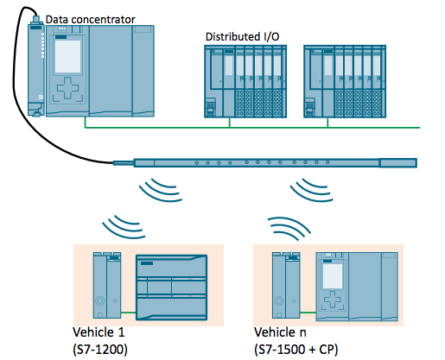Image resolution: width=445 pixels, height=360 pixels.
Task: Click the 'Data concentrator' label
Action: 90,20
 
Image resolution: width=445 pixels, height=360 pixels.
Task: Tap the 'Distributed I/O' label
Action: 242,37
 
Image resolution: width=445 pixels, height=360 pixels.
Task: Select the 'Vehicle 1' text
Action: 99,332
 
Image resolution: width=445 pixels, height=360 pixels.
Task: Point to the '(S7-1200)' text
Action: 100,350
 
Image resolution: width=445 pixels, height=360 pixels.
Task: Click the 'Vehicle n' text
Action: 280,332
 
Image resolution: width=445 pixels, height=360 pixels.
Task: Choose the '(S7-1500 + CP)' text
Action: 296,350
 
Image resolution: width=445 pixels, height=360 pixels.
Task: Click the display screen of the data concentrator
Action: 67,56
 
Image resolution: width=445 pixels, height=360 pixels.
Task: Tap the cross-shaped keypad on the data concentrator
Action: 67,88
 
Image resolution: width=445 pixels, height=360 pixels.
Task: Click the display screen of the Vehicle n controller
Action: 333,276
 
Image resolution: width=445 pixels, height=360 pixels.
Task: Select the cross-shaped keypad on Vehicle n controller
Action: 333,300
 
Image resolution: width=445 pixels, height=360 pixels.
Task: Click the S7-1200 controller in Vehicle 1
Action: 171,287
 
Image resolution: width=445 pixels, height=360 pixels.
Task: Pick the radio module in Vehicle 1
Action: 107,285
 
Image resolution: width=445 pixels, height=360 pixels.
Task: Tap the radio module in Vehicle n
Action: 286,285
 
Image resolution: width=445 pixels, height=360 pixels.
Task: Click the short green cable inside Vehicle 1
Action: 128,313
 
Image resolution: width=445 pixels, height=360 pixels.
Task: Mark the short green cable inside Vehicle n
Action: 308,313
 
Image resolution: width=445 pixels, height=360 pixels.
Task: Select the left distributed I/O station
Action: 245,81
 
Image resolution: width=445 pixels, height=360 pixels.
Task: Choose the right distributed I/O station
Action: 345,81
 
